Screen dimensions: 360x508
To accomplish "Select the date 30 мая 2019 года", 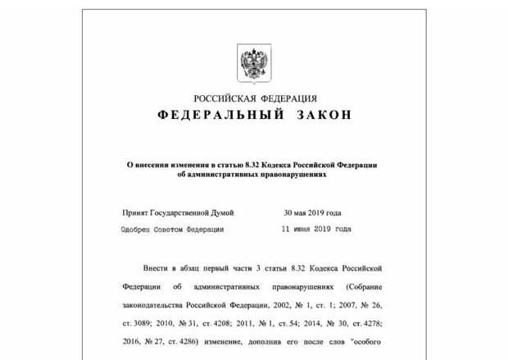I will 312,212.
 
